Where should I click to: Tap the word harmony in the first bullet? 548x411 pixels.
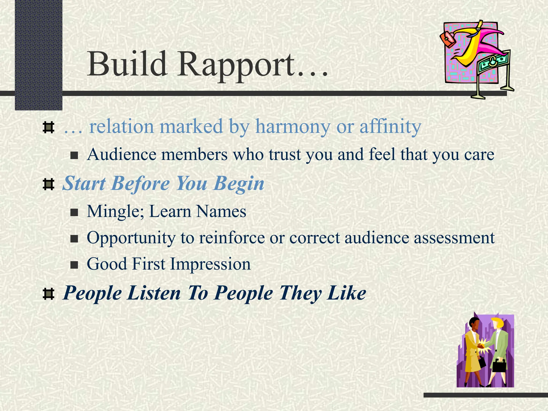(x=292, y=126)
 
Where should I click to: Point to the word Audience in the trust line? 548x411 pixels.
(x=121, y=155)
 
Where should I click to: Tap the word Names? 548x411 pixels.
(x=221, y=211)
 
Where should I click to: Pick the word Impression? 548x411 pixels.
(x=210, y=264)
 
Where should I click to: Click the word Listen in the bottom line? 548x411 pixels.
(x=154, y=293)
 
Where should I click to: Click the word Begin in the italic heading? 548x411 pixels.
(x=239, y=184)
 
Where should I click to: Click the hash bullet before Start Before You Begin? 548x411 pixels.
(x=48, y=184)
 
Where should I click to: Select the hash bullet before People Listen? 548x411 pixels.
(x=48, y=294)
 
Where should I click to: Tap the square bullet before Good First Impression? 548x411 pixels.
(x=74, y=265)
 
